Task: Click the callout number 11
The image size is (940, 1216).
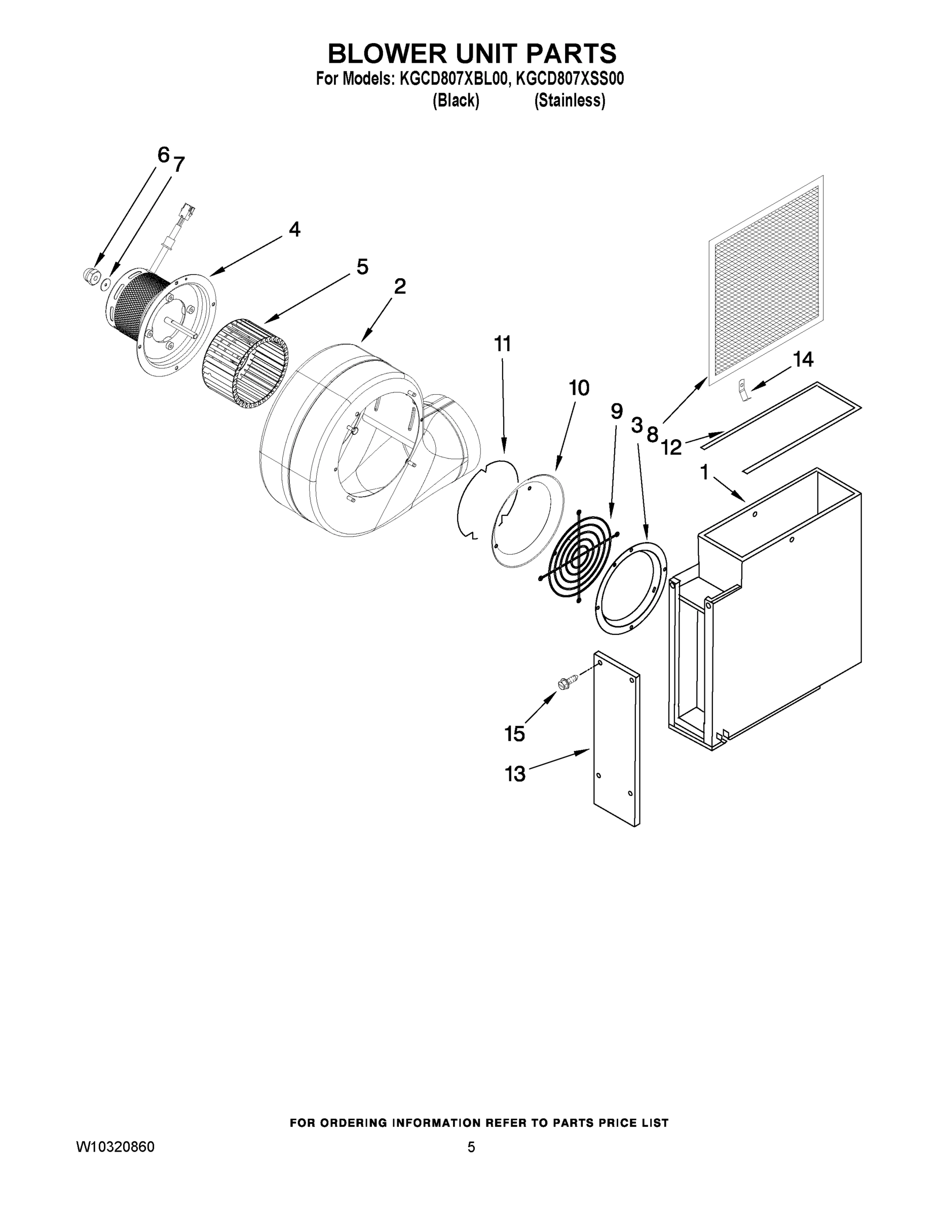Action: pyautogui.click(x=502, y=344)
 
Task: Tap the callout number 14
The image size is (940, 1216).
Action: pyautogui.click(x=803, y=360)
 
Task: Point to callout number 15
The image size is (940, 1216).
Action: pyautogui.click(x=514, y=734)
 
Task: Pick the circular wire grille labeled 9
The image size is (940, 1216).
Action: pyautogui.click(x=579, y=556)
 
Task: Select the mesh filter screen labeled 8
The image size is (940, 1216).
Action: pyautogui.click(x=766, y=278)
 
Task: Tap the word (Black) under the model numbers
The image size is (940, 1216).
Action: pyautogui.click(x=456, y=101)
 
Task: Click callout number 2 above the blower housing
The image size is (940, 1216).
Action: pyautogui.click(x=399, y=287)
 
